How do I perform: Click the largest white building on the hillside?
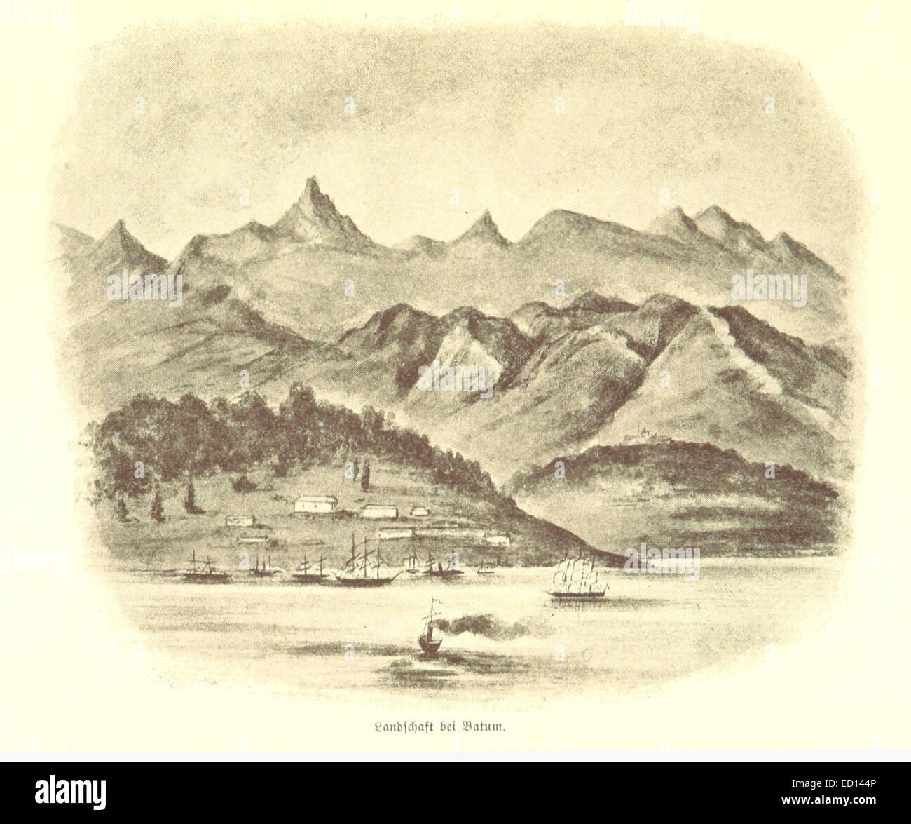(315, 503)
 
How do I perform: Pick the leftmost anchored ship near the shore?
(204, 571)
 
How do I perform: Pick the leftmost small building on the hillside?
(240, 520)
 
